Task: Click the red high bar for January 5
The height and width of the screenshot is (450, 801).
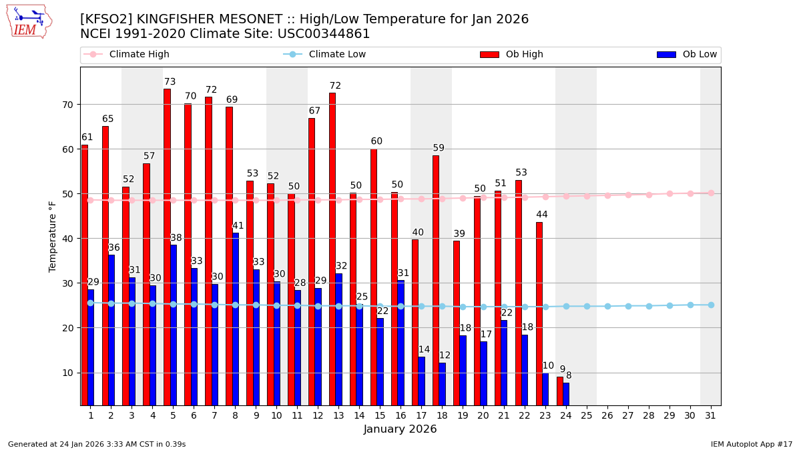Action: [167, 247]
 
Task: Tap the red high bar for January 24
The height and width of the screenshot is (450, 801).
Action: [560, 391]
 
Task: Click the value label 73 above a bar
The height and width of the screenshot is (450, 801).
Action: [170, 82]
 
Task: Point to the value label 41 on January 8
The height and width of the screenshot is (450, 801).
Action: [238, 226]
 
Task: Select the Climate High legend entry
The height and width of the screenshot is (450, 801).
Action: [139, 55]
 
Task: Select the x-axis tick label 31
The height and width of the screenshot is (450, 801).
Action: [710, 415]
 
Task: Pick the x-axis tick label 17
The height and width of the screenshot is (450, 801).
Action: [421, 415]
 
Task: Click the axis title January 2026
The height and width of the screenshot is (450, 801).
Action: [400, 429]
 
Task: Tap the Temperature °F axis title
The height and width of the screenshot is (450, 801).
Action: [53, 236]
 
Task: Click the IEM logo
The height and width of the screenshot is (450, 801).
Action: [29, 21]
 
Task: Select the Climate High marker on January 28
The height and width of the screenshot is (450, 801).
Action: [649, 195]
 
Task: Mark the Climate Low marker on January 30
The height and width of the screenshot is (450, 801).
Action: [690, 305]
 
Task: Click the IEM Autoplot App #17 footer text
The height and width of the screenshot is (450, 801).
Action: [752, 444]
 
